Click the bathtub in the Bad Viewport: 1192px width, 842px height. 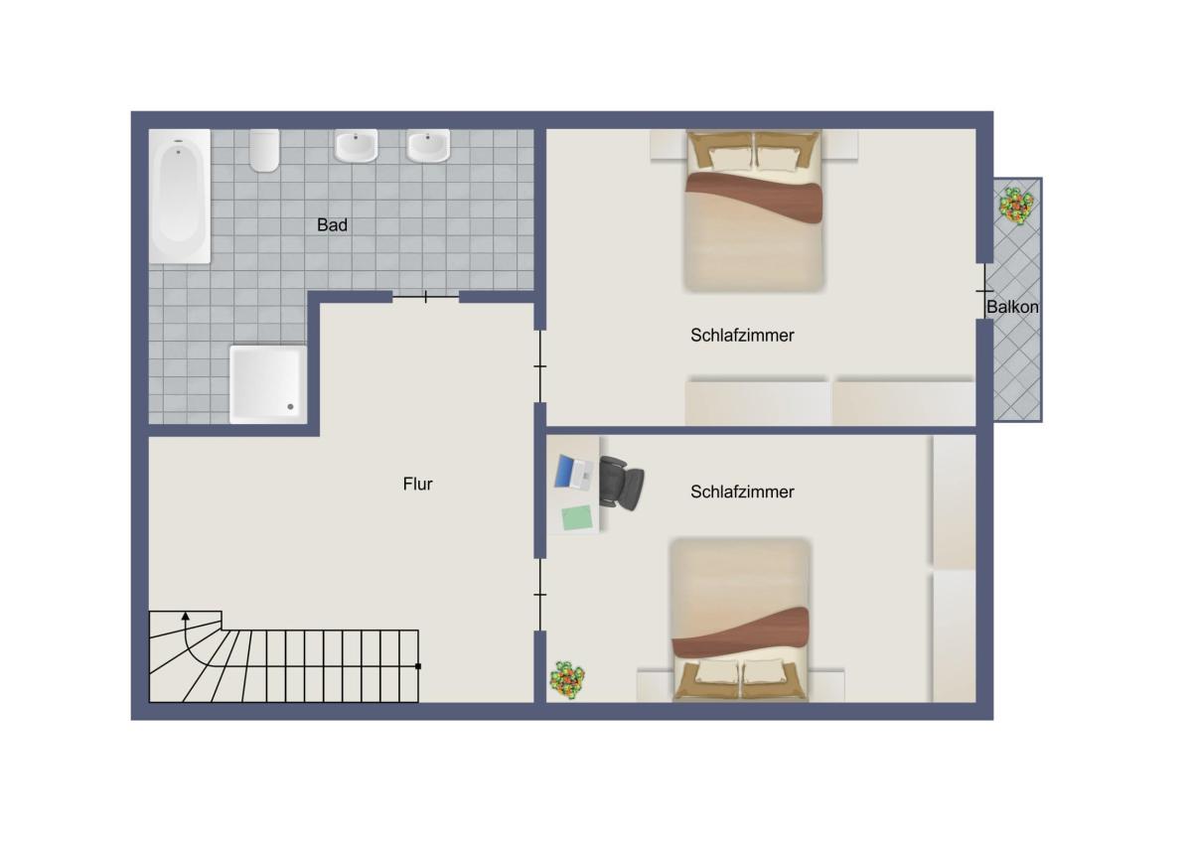tap(180, 197)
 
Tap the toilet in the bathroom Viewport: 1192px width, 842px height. tap(264, 151)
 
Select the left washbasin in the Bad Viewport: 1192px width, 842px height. tap(356, 145)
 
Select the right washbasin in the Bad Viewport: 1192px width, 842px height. tap(428, 145)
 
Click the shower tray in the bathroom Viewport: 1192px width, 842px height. tap(268, 384)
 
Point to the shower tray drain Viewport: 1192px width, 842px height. tap(290, 407)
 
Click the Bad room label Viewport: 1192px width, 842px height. tap(332, 225)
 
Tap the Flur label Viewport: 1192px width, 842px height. tap(418, 484)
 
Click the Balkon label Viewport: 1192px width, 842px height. tap(1012, 307)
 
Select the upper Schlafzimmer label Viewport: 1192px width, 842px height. tap(742, 335)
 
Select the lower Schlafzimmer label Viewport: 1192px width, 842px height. tap(742, 492)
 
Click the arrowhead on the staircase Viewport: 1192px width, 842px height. tap(185, 616)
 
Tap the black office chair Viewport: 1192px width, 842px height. tap(622, 484)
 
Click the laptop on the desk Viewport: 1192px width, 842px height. tap(574, 473)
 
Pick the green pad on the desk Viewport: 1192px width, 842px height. tap(577, 518)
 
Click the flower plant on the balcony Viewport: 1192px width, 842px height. tap(1016, 206)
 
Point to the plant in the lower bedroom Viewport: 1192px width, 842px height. tap(567, 680)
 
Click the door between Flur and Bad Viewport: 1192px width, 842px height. tap(426, 297)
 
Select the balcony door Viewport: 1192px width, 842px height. tap(984, 291)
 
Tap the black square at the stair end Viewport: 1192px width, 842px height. tap(418, 666)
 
